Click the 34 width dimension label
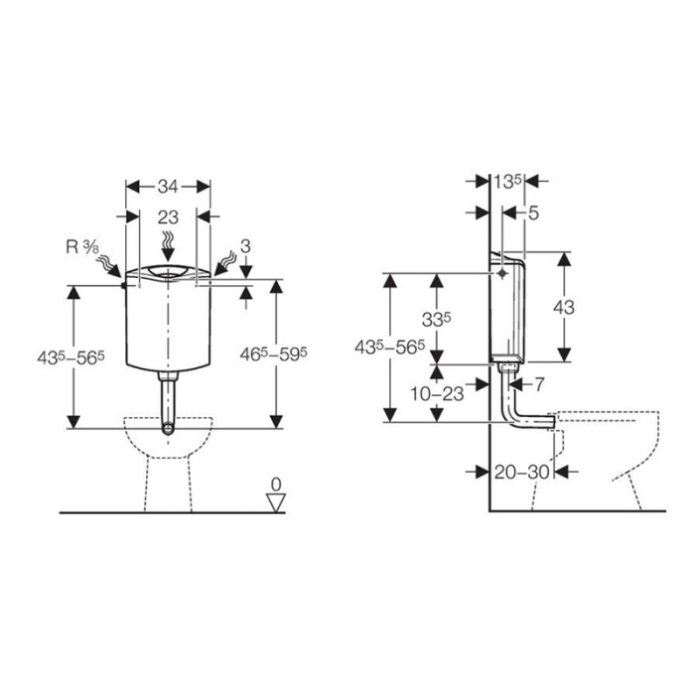pyautogui.click(x=169, y=186)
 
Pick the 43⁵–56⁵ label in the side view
pyautogui.click(x=390, y=347)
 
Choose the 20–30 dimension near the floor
pyautogui.click(x=524, y=473)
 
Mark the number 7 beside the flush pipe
pyautogui.click(x=540, y=383)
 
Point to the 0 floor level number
pyautogui.click(x=277, y=484)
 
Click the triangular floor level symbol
pyautogui.click(x=277, y=501)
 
